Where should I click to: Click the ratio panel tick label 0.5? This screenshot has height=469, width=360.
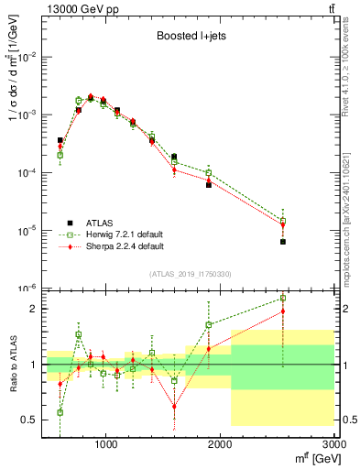(28, 420)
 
